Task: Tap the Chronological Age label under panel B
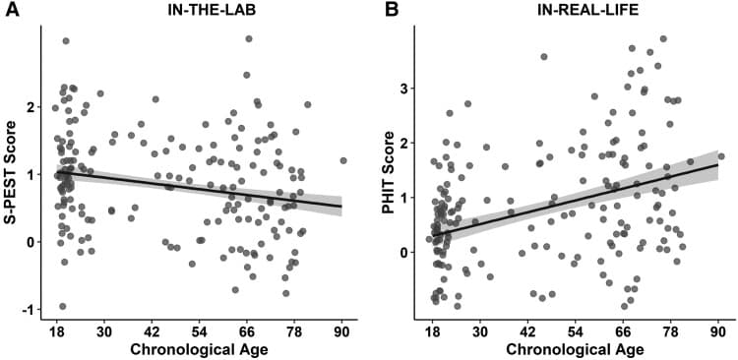(x=575, y=349)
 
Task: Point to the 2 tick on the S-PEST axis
(x=33, y=106)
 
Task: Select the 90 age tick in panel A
(x=341, y=331)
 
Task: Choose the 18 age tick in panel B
(x=433, y=331)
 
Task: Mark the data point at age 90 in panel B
(x=720, y=155)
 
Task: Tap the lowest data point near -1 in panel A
(x=62, y=306)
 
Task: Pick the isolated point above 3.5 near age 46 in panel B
(x=544, y=57)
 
